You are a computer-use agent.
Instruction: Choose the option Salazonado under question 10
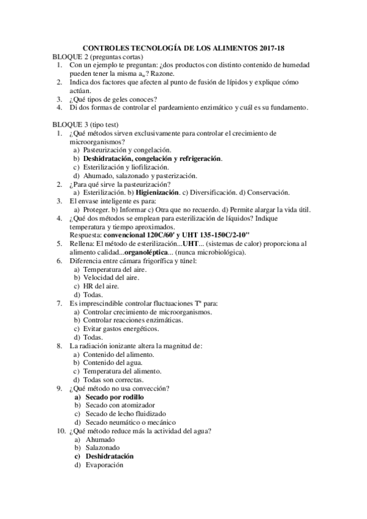pos(102,448)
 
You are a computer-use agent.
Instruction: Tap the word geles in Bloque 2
pos(123,99)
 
